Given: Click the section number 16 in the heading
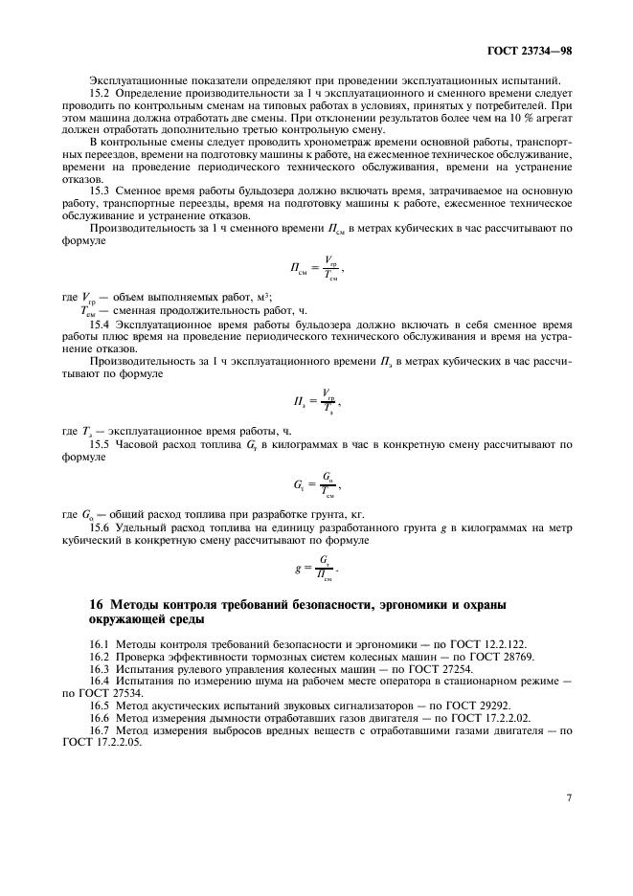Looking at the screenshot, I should click(95, 605).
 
